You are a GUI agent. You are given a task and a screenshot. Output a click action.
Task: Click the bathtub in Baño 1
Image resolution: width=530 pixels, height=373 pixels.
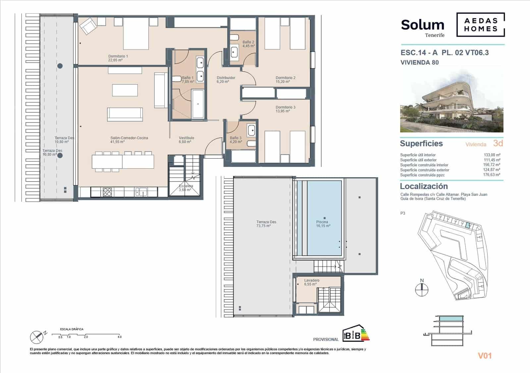pos(198,104)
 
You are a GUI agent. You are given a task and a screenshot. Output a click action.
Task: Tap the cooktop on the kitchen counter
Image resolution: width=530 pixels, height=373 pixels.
pos(107,192)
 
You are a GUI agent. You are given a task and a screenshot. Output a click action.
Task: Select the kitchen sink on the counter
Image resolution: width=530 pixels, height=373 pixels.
pos(141,191)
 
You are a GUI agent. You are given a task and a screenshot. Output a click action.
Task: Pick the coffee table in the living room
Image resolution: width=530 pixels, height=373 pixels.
pos(125,90)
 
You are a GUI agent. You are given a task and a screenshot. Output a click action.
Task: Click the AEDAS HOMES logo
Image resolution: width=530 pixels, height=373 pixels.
pos(481,25)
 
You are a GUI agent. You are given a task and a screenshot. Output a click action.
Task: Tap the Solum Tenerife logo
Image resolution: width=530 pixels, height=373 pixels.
pos(423,27)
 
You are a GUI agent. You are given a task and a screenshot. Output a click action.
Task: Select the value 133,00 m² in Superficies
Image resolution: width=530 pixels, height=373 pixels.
pos(492,155)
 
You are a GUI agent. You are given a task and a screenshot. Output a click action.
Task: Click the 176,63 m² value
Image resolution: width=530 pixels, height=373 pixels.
pos(492,175)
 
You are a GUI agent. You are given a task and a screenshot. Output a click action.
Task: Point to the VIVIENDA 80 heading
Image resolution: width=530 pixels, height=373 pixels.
pos(419,62)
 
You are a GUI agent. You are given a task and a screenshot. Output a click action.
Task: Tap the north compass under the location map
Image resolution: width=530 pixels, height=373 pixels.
pos(422,290)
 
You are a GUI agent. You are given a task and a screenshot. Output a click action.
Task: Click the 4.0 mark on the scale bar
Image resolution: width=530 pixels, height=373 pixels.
pos(119,337)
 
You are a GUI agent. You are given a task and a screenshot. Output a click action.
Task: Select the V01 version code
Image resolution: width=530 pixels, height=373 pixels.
pos(485,356)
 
